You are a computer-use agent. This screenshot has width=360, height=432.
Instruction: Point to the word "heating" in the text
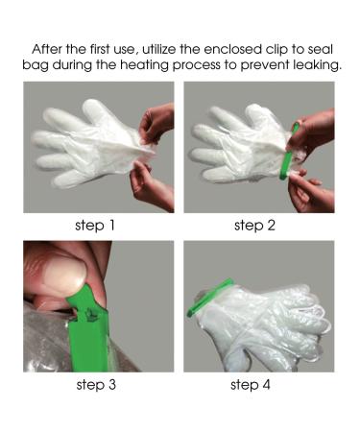(x=144, y=65)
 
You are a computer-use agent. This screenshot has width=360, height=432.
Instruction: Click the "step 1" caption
(x=95, y=226)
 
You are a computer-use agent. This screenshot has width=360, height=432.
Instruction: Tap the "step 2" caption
(x=254, y=226)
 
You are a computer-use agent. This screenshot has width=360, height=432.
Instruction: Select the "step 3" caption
(x=96, y=384)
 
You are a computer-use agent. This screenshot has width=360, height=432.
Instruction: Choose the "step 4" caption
(x=251, y=384)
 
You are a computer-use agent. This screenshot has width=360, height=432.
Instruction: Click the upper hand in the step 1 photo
(x=156, y=125)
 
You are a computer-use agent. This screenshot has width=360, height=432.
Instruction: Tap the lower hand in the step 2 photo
(x=310, y=192)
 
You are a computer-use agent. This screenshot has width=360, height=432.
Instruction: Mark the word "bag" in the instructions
(x=35, y=66)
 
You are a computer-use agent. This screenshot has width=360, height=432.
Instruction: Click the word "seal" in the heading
(x=320, y=49)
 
